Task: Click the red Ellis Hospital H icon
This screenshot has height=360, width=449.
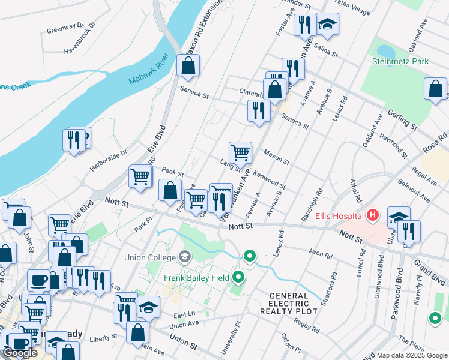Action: (x=373, y=215)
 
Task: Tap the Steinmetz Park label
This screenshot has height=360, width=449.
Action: (x=399, y=61)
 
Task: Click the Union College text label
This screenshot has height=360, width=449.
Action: (x=150, y=258)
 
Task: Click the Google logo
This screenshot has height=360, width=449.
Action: (x=20, y=353)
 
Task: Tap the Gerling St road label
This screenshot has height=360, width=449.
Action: (x=402, y=119)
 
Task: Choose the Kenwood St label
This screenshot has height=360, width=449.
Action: (x=270, y=180)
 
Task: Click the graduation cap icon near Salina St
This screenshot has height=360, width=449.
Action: (x=327, y=25)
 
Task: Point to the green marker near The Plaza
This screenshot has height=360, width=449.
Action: (x=434, y=318)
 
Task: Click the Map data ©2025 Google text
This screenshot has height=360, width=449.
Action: (x=412, y=355)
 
